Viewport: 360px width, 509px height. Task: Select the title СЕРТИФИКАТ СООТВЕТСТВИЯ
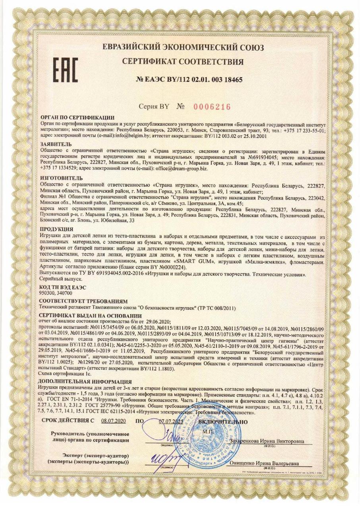[183, 62]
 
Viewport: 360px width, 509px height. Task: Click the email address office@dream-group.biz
[178, 169]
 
